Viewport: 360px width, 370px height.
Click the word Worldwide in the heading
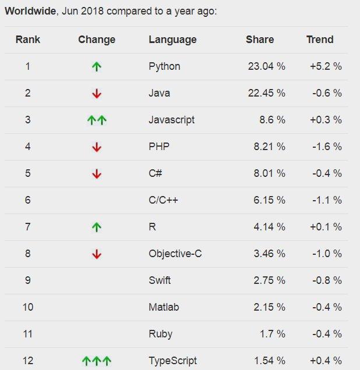[30, 12]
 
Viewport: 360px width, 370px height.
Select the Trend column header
[320, 40]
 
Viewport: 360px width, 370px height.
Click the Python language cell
[164, 66]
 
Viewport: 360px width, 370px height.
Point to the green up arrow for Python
[97, 67]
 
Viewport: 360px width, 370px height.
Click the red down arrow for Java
[97, 94]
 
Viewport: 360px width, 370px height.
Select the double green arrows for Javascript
[97, 120]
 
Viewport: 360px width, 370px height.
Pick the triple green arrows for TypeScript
[97, 361]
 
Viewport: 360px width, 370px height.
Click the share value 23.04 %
[266, 66]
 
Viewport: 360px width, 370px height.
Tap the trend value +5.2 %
[326, 66]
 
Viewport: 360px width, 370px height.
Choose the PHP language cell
[158, 147]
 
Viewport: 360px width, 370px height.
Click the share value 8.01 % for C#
[268, 173]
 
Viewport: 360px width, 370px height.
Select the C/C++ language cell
[163, 200]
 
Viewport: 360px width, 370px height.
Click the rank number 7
[27, 227]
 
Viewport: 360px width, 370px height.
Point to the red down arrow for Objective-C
[97, 254]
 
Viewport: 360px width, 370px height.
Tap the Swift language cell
[160, 280]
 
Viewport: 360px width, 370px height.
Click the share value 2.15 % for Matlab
[268, 307]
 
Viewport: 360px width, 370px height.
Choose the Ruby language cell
[160, 334]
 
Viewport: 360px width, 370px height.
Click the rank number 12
[27, 361]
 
